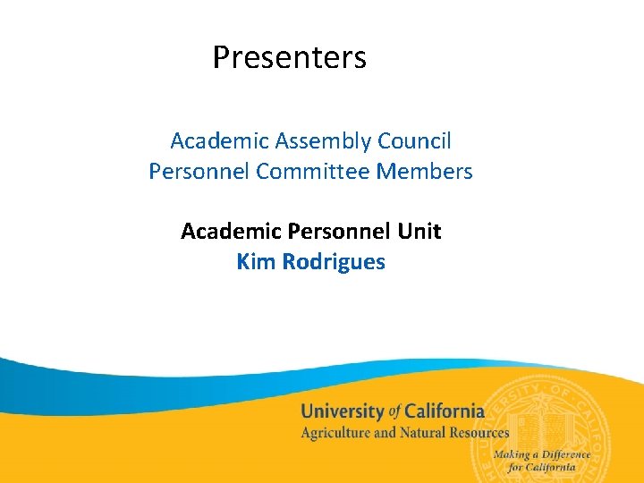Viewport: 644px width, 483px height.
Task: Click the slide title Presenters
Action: pyautogui.click(x=289, y=58)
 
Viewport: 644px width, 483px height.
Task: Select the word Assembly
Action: pyautogui.click(x=323, y=141)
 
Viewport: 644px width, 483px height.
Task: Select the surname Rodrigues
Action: pyautogui.click(x=333, y=262)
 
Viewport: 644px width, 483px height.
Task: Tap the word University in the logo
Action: pyautogui.click(x=343, y=412)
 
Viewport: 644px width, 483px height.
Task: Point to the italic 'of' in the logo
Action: pyautogui.click(x=394, y=412)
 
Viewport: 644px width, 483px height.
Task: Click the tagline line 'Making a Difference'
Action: pyautogui.click(x=542, y=454)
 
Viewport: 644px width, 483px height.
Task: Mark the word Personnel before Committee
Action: pyautogui.click(x=199, y=171)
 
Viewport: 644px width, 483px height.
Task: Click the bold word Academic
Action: pyautogui.click(x=231, y=232)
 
